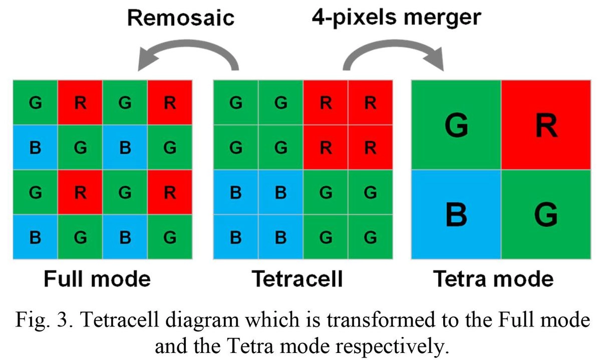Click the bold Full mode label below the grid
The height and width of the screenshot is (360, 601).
pyautogui.click(x=97, y=278)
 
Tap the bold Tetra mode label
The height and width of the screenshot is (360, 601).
pyautogui.click(x=494, y=278)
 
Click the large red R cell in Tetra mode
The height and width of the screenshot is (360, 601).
pyautogui.click(x=545, y=125)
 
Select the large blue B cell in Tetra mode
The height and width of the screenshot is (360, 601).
pyautogui.click(x=456, y=214)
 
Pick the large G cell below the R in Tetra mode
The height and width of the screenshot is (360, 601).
pyautogui.click(x=545, y=214)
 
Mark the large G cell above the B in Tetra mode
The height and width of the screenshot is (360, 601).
pyautogui.click(x=456, y=125)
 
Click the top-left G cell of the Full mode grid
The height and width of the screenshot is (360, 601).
pyautogui.click(x=36, y=103)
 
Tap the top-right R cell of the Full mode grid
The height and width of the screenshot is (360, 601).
pyautogui.click(x=170, y=103)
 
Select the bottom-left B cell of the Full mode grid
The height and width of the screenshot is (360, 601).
pyautogui.click(x=36, y=237)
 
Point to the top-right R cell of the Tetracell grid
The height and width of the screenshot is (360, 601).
pyautogui.click(x=370, y=103)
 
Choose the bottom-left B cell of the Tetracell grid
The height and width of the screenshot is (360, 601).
pyautogui.click(x=235, y=237)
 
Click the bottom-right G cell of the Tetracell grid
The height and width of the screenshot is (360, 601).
pyautogui.click(x=370, y=237)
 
